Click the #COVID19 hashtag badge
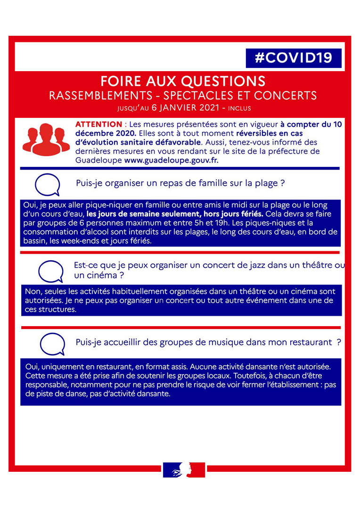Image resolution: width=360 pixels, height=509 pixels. [294, 58]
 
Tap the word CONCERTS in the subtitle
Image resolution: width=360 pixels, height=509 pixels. [286, 95]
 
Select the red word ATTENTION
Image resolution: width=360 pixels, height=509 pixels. [98, 124]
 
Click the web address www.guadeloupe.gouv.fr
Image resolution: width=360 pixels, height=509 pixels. [171, 160]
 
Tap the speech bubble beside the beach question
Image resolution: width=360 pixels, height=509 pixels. [48, 184]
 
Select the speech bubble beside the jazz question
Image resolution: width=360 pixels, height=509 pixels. [50, 271]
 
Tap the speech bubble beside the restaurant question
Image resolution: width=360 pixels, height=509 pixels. [52, 344]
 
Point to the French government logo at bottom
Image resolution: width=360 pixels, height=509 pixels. [184, 470]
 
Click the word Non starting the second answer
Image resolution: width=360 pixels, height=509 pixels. [33, 292]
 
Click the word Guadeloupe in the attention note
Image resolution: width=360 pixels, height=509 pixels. [98, 160]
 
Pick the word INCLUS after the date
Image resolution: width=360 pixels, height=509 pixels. [239, 108]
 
